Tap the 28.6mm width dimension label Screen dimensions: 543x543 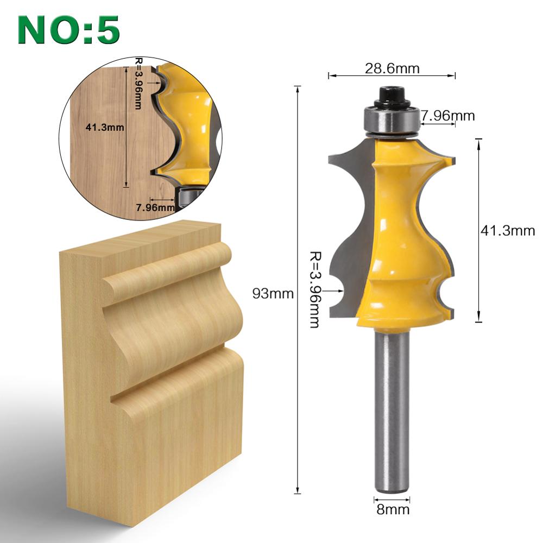click(392, 68)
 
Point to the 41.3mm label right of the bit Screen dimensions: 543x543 click(508, 230)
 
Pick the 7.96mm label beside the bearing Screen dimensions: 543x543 click(448, 115)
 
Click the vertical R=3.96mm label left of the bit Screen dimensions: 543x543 click(314, 289)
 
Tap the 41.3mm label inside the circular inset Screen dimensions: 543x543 click(105, 128)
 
